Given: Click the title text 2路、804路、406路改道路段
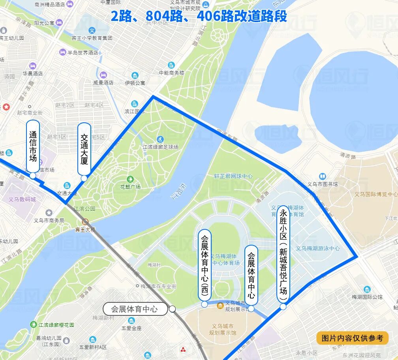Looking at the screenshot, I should pos(199,16).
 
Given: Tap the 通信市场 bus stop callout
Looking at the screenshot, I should pos(33,146).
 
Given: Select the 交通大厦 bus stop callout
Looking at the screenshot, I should pos(84,149).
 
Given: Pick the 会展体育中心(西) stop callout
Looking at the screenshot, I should pos(205,265).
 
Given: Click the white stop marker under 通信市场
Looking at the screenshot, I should pos(33,175).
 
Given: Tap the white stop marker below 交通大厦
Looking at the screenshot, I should pos(84,178).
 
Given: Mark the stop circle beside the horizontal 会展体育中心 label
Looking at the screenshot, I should pos(173,309).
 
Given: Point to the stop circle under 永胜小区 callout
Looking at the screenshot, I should pos(283,307).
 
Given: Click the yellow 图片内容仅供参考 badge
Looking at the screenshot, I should pos(353,338).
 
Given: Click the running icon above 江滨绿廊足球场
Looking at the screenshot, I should pos(160,139).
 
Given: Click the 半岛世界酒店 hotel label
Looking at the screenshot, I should pos(81,52).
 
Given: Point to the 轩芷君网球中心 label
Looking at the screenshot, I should pos(233,176).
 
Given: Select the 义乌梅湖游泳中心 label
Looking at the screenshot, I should pos(318,248).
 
